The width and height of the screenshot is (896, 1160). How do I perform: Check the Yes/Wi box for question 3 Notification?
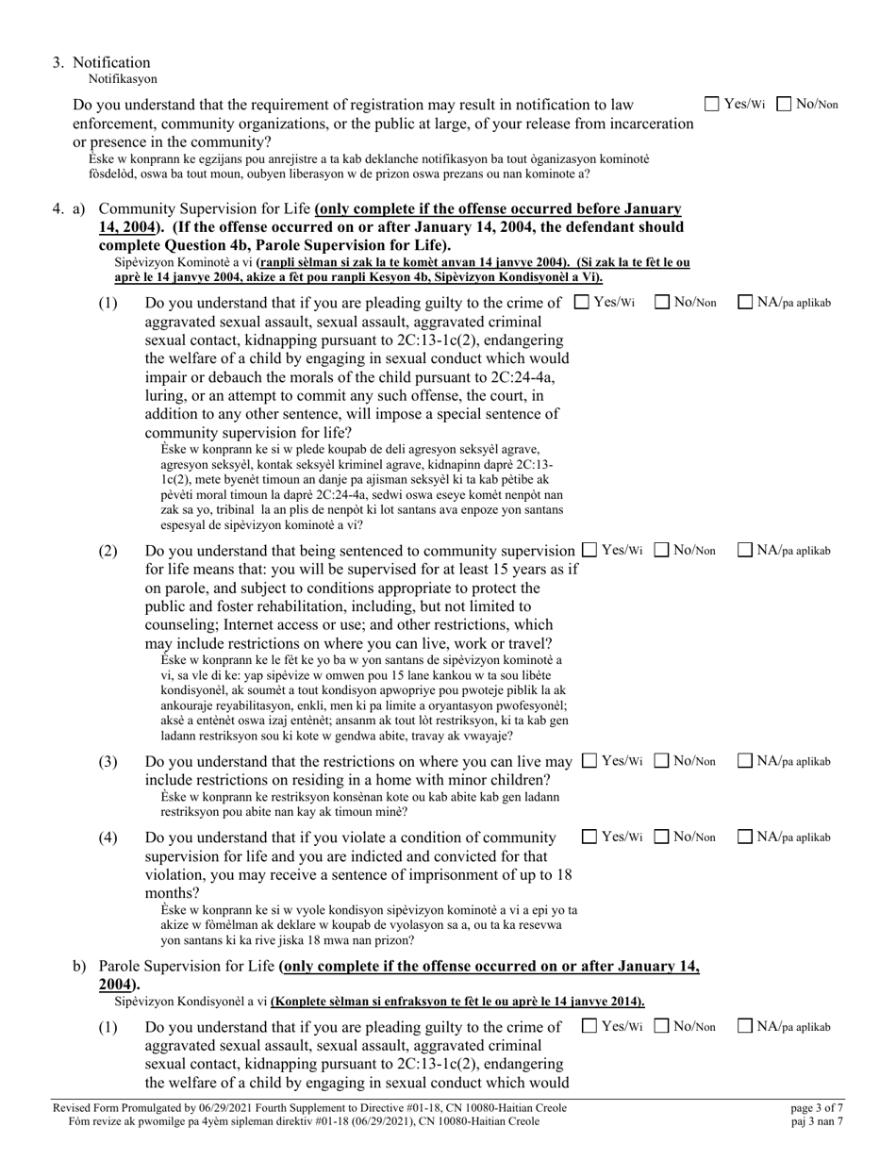coord(713,104)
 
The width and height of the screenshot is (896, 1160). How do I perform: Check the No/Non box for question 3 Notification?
coord(784,104)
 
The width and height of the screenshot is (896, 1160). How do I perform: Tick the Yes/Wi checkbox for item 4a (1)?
coord(582,302)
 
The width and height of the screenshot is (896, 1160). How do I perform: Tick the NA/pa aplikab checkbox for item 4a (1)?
coord(745,302)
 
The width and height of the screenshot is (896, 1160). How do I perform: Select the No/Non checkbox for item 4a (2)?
coord(662,549)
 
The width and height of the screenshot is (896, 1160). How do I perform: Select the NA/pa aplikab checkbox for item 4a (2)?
coord(745,549)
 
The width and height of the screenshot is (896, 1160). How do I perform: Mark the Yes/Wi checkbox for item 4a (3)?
coord(589,760)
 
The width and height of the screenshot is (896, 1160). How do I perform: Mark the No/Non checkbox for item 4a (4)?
coord(662,836)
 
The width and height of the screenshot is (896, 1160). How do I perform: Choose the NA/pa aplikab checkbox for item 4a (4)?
coord(745,836)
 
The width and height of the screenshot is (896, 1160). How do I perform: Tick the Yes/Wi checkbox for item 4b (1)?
coord(589,1026)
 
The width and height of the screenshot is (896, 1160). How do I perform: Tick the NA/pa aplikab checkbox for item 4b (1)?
coord(745,1026)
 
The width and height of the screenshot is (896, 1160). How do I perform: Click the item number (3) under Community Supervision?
coord(108,761)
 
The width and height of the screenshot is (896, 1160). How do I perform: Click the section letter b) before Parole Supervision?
coord(80,967)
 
